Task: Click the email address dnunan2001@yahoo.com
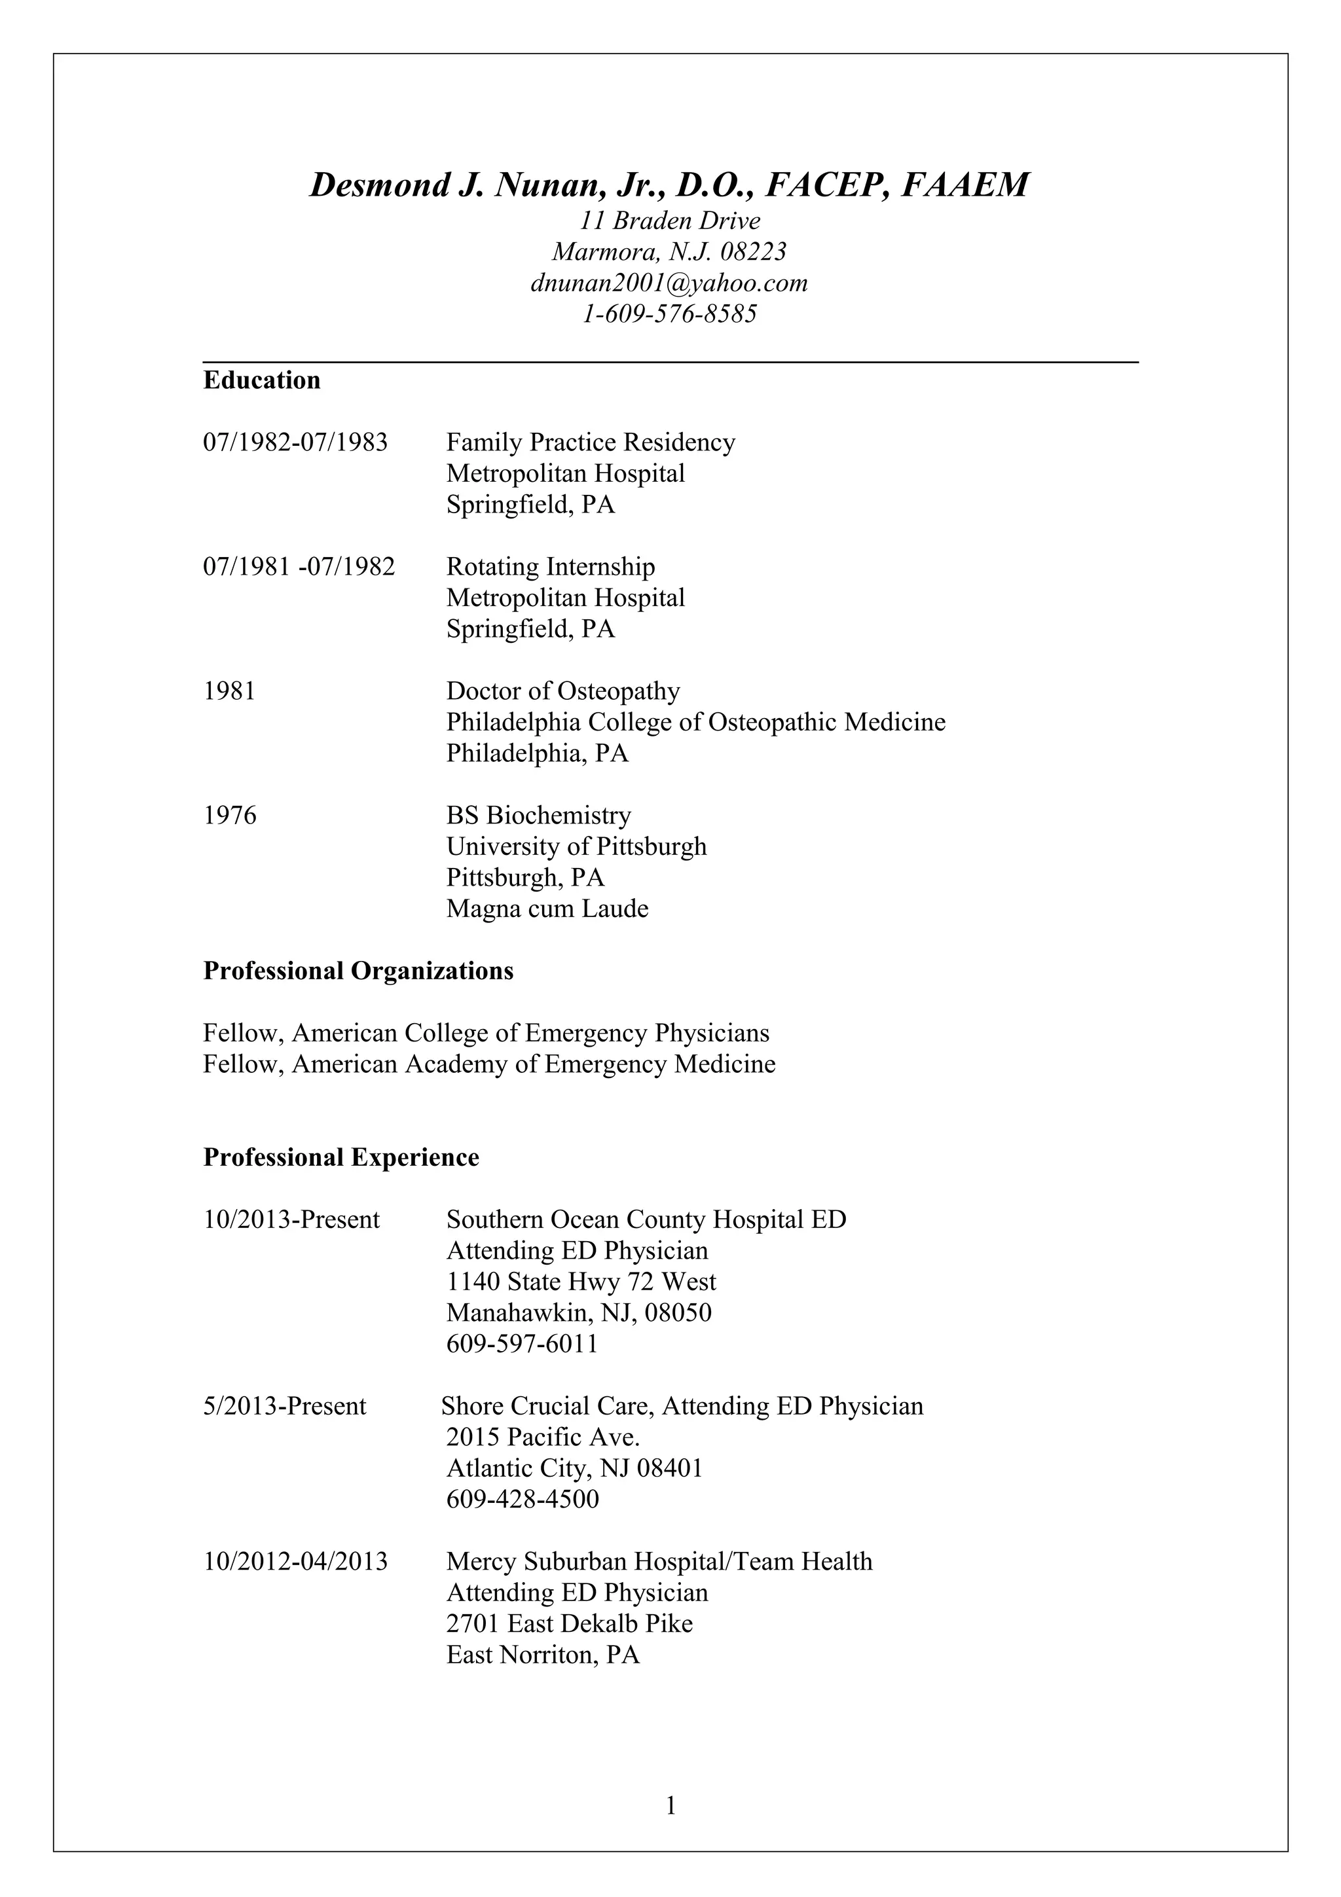pos(669,283)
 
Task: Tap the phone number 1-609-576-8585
pos(669,315)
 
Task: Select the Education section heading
pos(262,380)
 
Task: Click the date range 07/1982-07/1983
pos(295,443)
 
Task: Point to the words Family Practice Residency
pos(590,443)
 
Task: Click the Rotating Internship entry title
pos(550,567)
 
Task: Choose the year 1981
pos(230,691)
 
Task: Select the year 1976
pos(230,816)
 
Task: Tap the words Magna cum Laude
pos(547,909)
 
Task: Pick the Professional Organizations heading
pos(358,971)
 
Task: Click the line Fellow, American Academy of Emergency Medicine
pos(489,1064)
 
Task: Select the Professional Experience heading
pos(340,1157)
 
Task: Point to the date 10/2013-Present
pos(291,1219)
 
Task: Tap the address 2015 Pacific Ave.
pos(543,1437)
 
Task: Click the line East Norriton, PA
pos(543,1655)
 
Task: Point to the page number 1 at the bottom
pos(670,1806)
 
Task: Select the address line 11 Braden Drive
pos(669,221)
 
